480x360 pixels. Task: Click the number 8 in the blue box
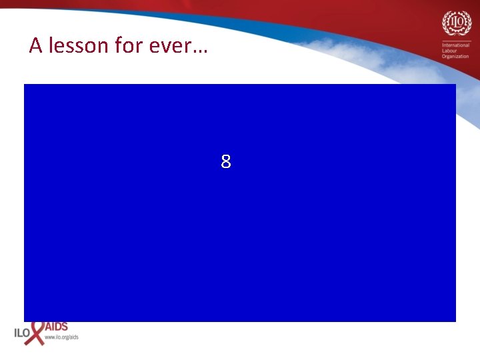tap(226, 161)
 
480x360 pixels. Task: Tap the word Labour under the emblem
tap(450, 51)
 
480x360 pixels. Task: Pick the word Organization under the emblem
tap(455, 57)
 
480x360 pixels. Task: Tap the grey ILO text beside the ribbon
tap(21, 331)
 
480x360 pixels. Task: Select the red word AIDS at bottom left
tap(56, 327)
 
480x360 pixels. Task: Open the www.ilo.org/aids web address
tap(61, 337)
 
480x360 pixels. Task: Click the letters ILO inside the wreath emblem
tap(455, 22)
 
